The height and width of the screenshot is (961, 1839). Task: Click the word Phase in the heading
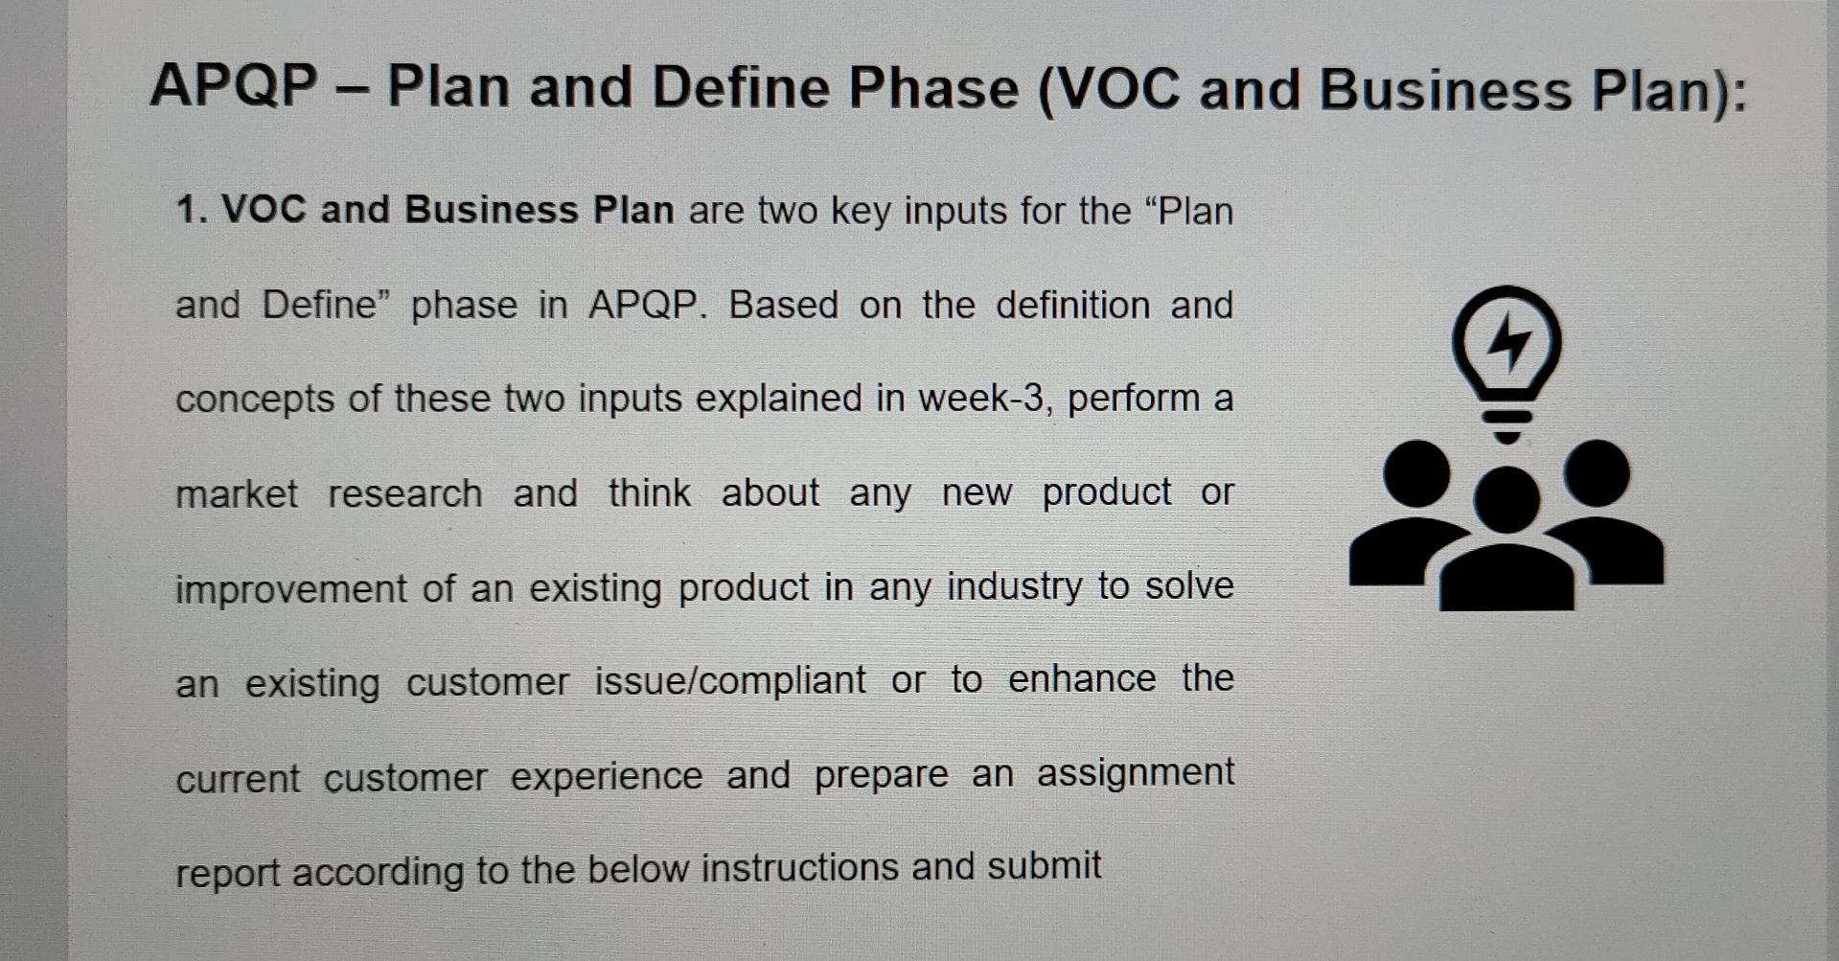[x=932, y=88]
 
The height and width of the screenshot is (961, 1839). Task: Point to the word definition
[x=1072, y=306]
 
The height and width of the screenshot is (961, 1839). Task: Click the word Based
[x=783, y=306]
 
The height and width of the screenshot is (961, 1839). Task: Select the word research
[x=405, y=494]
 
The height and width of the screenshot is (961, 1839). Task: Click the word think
[x=649, y=493]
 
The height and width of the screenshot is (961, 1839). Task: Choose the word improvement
[x=291, y=588]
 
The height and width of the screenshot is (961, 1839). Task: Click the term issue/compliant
[x=730, y=681]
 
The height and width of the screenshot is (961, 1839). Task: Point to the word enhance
[x=1082, y=679]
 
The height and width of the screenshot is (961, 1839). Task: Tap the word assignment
[x=1135, y=772]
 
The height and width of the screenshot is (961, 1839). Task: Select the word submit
[x=1044, y=866]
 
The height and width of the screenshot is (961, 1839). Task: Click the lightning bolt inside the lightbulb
[x=1508, y=340]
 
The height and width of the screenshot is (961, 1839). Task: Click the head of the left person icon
[x=1416, y=473]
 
